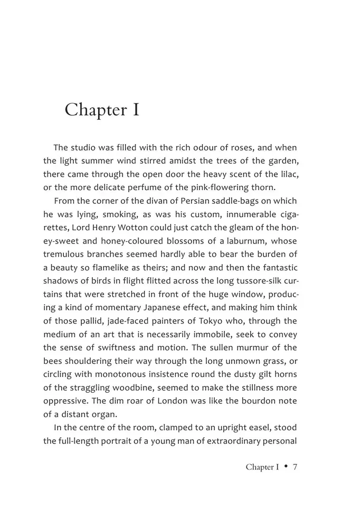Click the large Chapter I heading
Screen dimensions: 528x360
click(102, 110)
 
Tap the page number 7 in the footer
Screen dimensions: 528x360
click(296, 467)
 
